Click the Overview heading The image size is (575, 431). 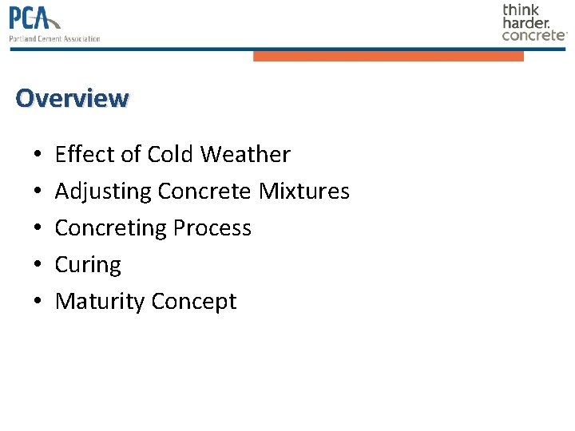pyautogui.click(x=71, y=98)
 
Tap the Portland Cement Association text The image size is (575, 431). pyautogui.click(x=54, y=38)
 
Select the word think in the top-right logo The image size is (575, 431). pyautogui.click(x=521, y=10)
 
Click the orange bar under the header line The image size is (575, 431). pyautogui.click(x=388, y=56)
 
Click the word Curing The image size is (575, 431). pyautogui.click(x=88, y=265)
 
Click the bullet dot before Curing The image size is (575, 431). pyautogui.click(x=38, y=266)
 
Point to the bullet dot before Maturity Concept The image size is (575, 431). pyautogui.click(x=38, y=302)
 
